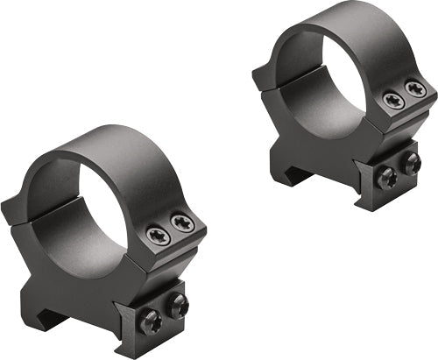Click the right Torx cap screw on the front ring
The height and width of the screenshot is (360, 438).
pyautogui.click(x=181, y=224)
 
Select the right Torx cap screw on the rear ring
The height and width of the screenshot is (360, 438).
pyautogui.click(x=414, y=88)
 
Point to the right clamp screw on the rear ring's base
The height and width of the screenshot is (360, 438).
pyautogui.click(x=409, y=161)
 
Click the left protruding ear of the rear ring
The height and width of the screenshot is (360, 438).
pyautogui.click(x=263, y=79)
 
